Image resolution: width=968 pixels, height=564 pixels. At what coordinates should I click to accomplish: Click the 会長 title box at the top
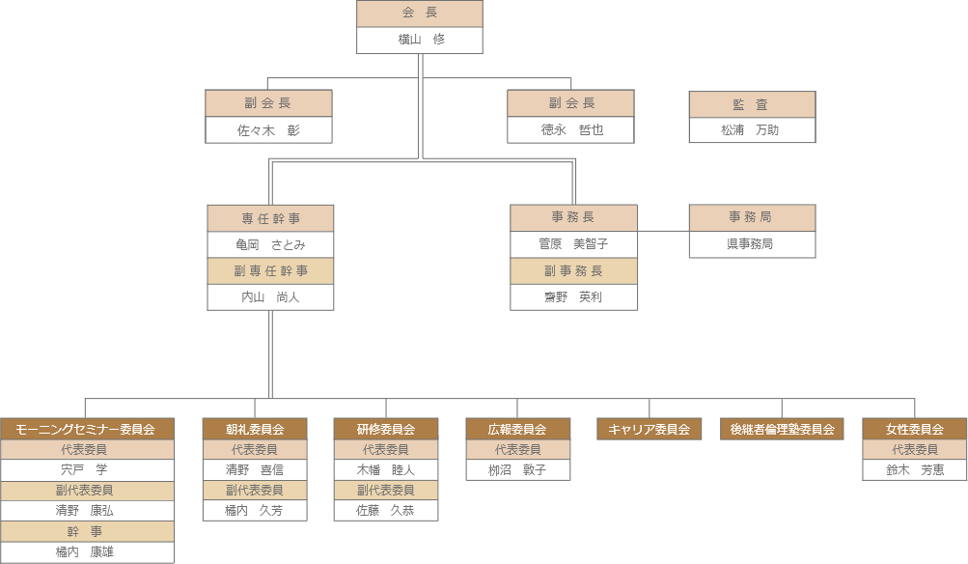point(419,14)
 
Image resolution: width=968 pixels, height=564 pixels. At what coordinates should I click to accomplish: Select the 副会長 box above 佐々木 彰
point(268,103)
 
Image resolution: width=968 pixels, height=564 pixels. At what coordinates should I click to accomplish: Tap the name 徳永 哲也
point(571,129)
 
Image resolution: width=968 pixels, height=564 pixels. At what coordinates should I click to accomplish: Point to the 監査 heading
point(752,104)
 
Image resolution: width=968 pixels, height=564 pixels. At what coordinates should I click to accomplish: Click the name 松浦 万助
point(752,129)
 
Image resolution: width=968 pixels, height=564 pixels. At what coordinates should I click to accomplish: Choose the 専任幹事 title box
point(270,218)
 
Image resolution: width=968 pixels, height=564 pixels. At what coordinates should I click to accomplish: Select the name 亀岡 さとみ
point(270,244)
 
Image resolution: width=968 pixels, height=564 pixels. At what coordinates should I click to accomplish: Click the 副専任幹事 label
point(270,270)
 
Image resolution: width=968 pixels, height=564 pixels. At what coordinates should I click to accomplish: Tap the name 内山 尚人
point(270,296)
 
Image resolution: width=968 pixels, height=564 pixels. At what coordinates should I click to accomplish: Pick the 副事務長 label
point(573,270)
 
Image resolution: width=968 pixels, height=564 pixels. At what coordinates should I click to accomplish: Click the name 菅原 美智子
point(573,244)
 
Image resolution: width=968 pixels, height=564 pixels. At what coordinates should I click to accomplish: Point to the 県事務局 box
point(752,244)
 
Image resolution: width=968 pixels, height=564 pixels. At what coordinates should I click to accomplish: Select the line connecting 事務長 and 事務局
point(663,231)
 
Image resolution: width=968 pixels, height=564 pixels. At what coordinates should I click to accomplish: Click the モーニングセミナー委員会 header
point(87,429)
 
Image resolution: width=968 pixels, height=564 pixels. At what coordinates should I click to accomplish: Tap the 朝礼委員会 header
point(255,429)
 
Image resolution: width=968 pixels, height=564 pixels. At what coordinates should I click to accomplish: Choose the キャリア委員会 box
point(649,429)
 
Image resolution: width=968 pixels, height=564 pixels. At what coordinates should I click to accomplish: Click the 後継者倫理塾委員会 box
point(782,429)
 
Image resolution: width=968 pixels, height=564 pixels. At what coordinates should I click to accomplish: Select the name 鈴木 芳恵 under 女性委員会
point(914,470)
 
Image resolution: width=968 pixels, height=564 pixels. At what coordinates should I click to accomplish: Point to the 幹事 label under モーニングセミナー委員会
point(87,531)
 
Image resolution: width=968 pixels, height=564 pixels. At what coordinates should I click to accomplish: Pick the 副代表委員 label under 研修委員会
point(385,490)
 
